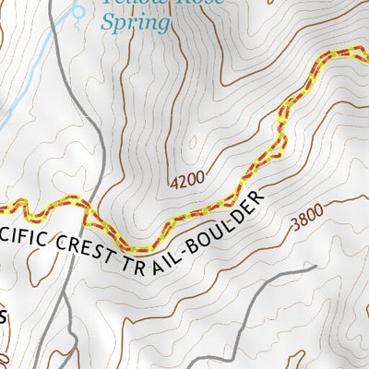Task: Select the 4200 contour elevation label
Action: (x=187, y=180)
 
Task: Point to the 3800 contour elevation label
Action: (x=307, y=219)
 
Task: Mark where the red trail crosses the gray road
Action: (x=93, y=219)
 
